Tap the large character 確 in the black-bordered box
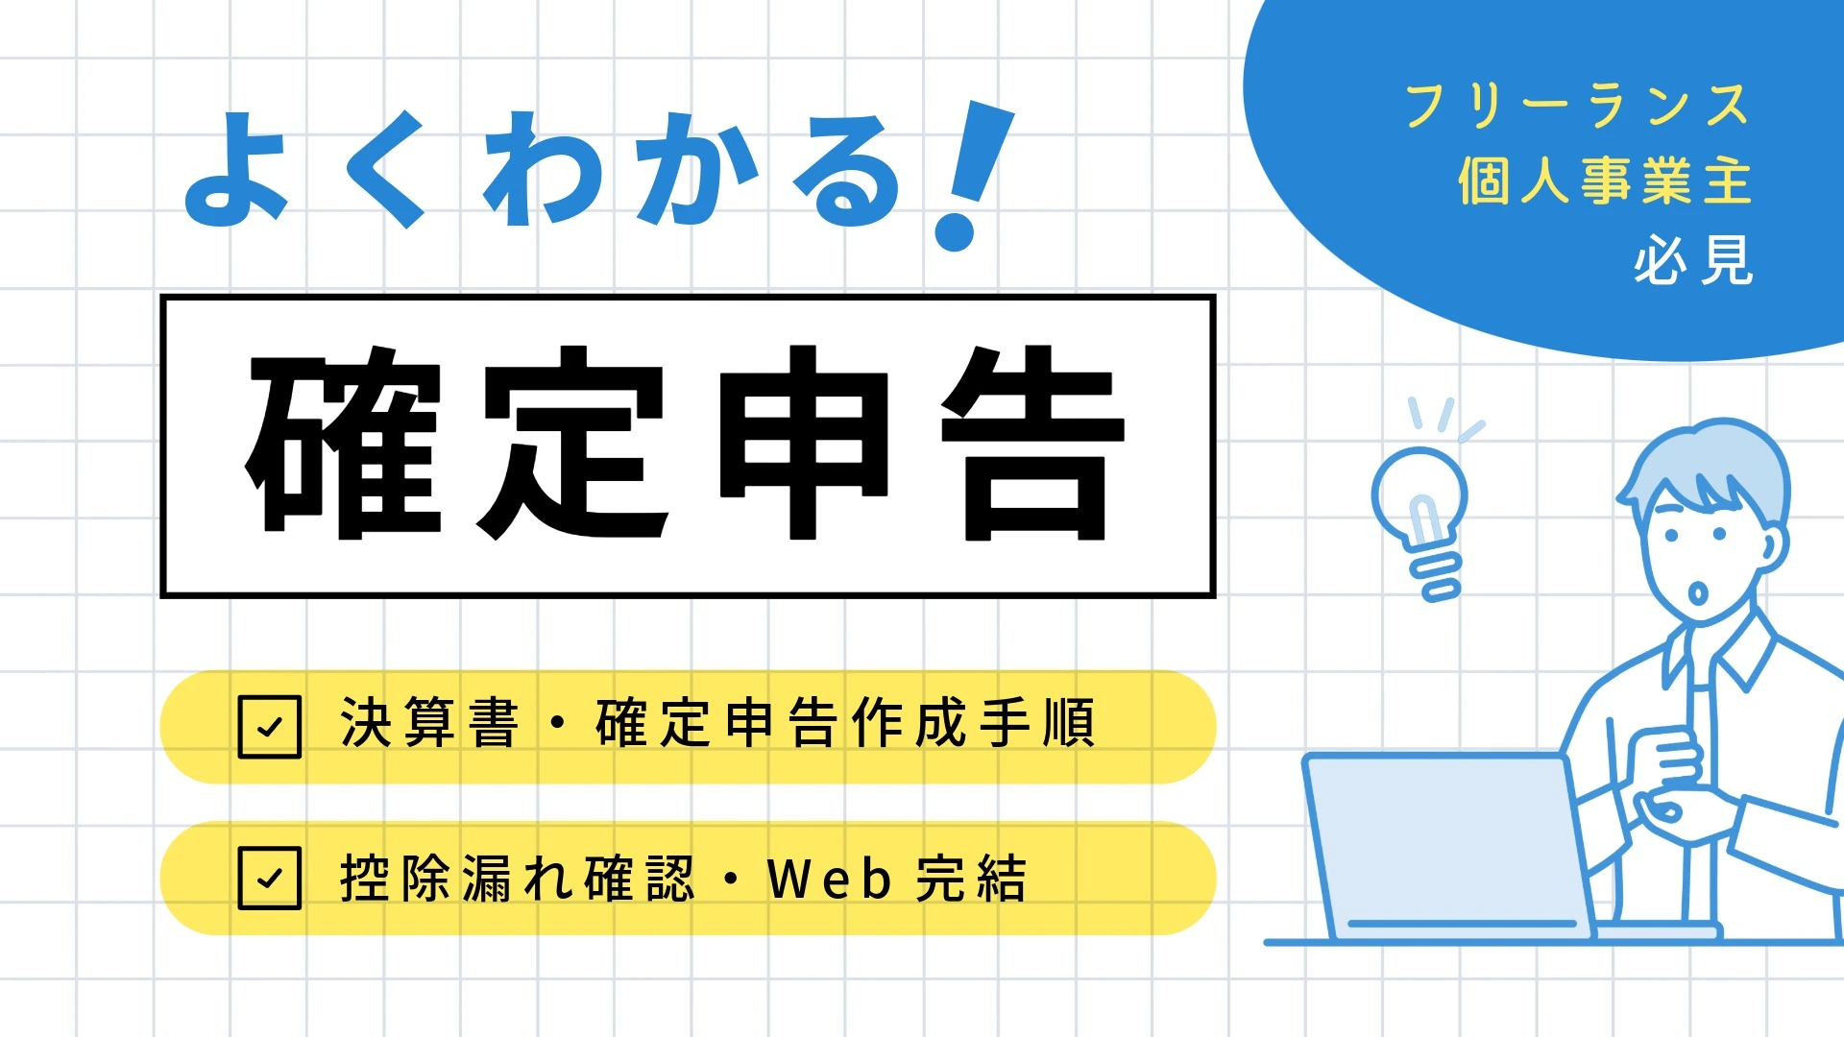click(x=344, y=443)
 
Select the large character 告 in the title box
click(x=1033, y=443)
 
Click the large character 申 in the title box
click(x=804, y=443)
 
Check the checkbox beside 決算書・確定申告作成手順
click(x=269, y=727)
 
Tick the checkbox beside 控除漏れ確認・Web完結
click(x=269, y=878)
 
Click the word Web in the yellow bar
click(x=830, y=878)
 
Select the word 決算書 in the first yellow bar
click(x=429, y=723)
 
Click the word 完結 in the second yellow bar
click(x=971, y=878)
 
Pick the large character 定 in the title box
click(x=574, y=443)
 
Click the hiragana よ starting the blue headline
click(x=236, y=170)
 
